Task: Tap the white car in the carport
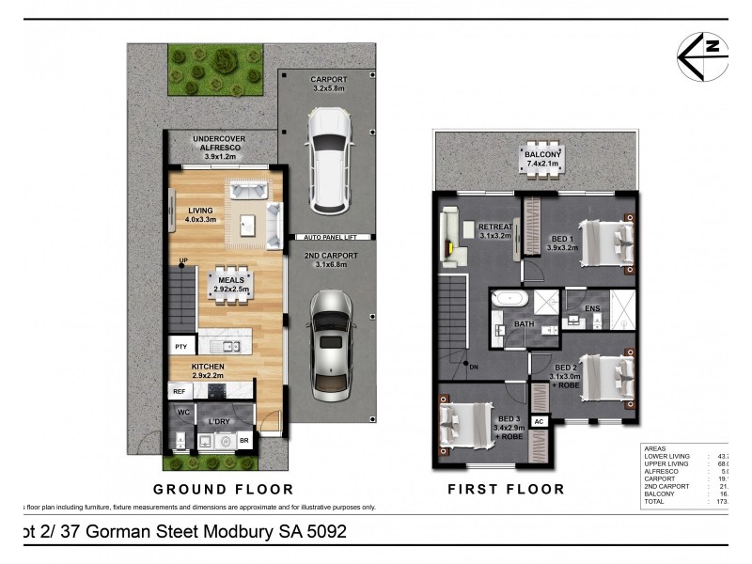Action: [x=329, y=159]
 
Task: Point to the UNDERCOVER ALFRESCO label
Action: [x=218, y=145]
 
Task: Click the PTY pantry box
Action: [x=180, y=347]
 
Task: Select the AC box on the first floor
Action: [x=540, y=422]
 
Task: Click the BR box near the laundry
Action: [x=244, y=440]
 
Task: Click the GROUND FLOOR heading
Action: [x=224, y=489]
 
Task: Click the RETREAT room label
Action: [x=494, y=227]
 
